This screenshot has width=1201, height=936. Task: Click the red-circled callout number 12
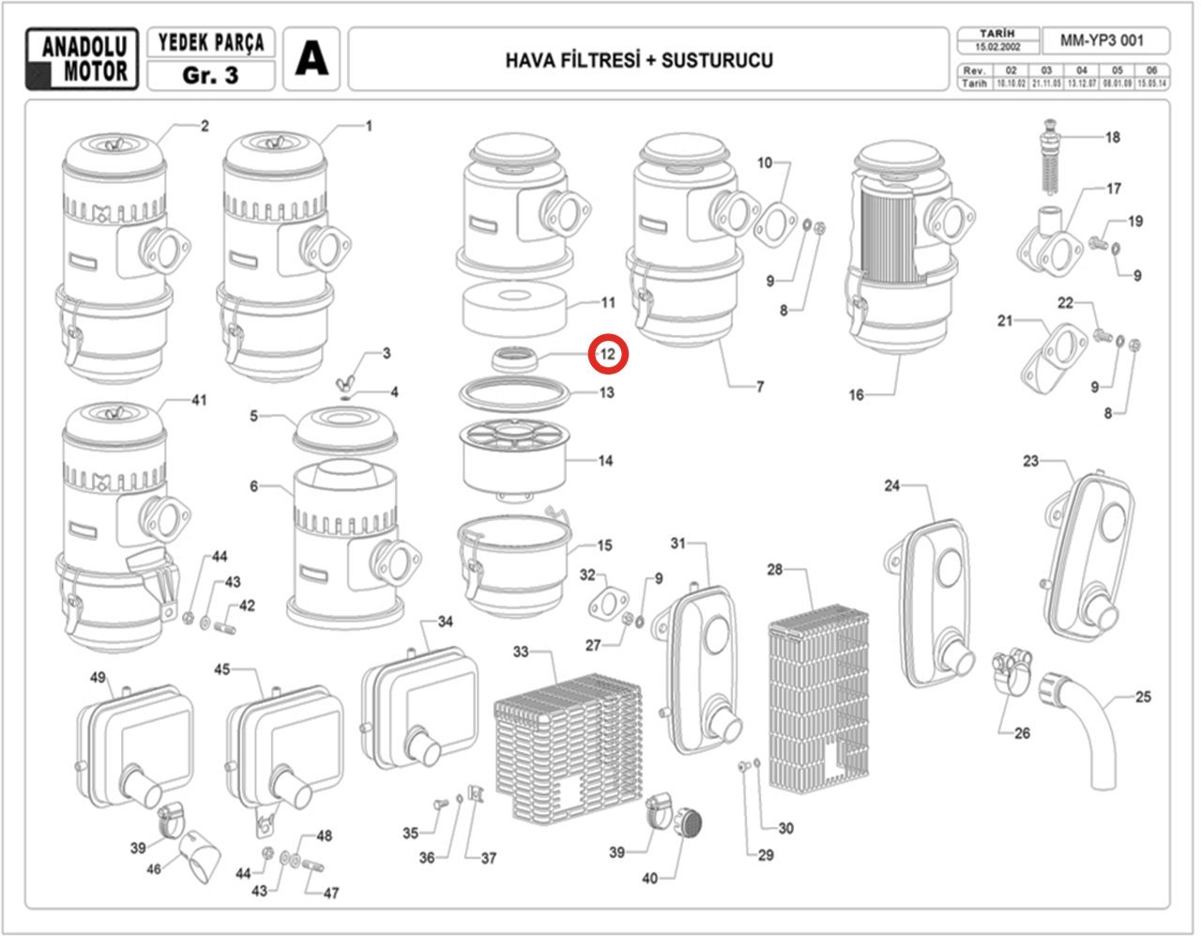pos(608,354)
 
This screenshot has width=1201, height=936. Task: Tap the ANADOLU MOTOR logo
pos(84,59)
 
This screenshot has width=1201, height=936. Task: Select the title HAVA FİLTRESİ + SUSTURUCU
pos(639,61)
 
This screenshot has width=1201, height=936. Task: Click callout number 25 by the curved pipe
pos(1143,697)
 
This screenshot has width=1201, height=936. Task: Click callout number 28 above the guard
pos(774,570)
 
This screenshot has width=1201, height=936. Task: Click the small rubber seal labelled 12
pos(515,358)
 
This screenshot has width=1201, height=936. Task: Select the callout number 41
pos(198,401)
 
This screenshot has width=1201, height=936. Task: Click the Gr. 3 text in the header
pos(211,76)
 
